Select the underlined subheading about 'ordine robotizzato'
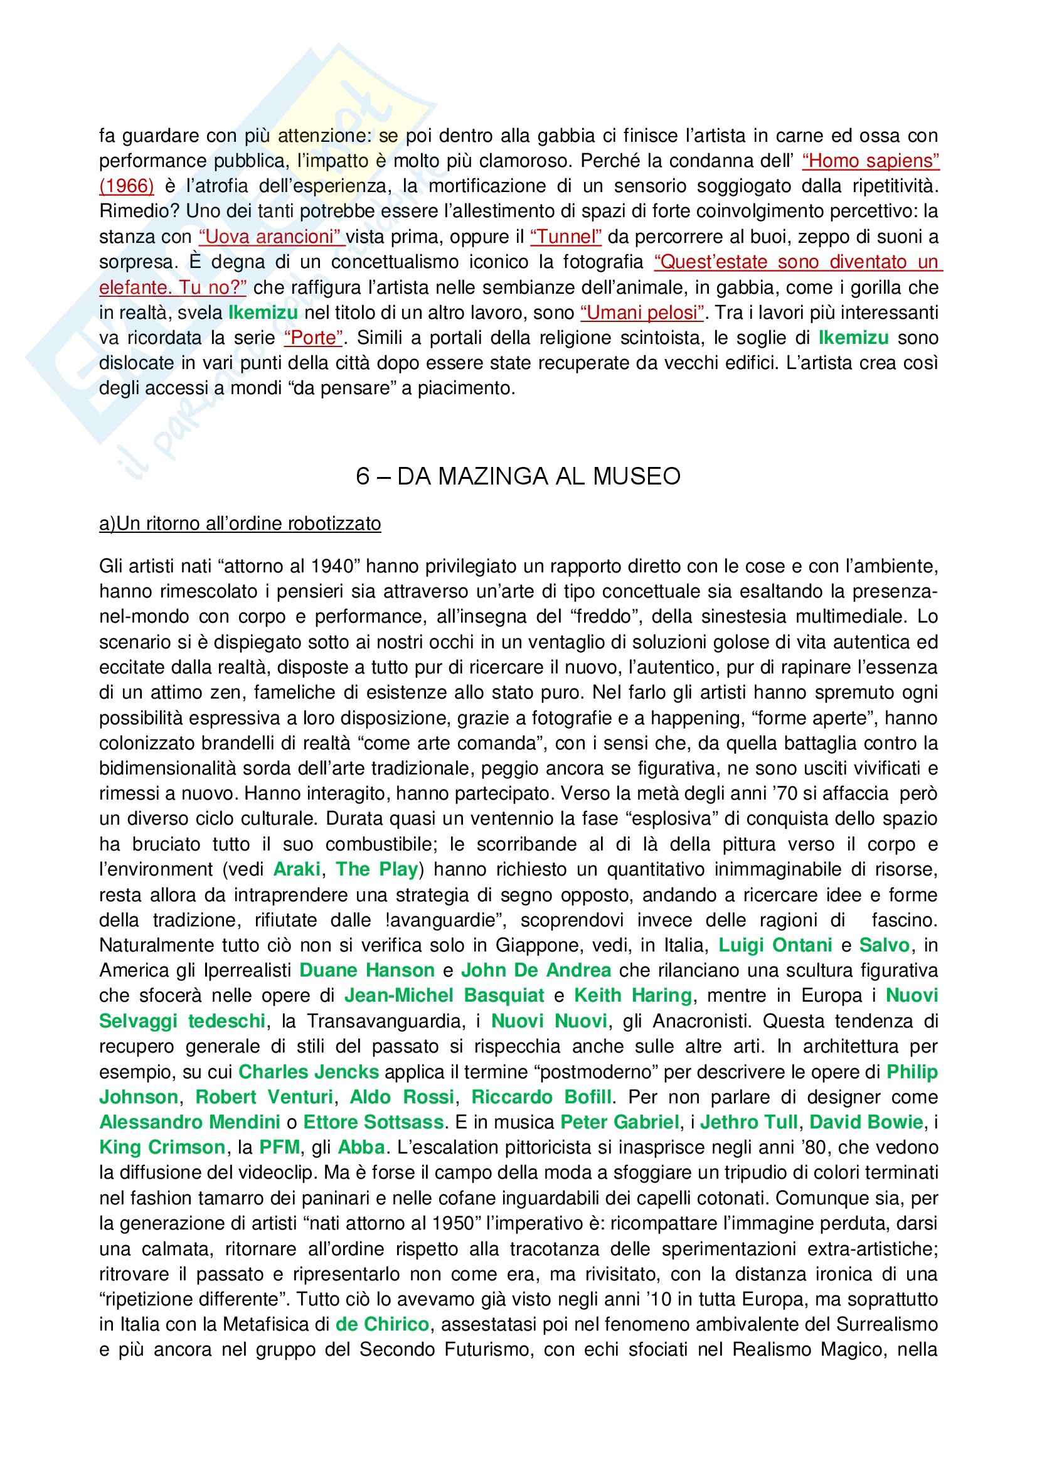240,523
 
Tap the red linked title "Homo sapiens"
870,161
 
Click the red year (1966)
127,186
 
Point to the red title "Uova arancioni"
272,237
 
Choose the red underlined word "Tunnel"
565,237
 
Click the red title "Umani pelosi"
642,313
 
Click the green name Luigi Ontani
775,945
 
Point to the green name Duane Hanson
367,970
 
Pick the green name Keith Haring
632,995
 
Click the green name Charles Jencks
309,1071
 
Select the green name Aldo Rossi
402,1097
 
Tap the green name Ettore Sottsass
373,1122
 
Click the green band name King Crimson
162,1148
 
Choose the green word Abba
361,1148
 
